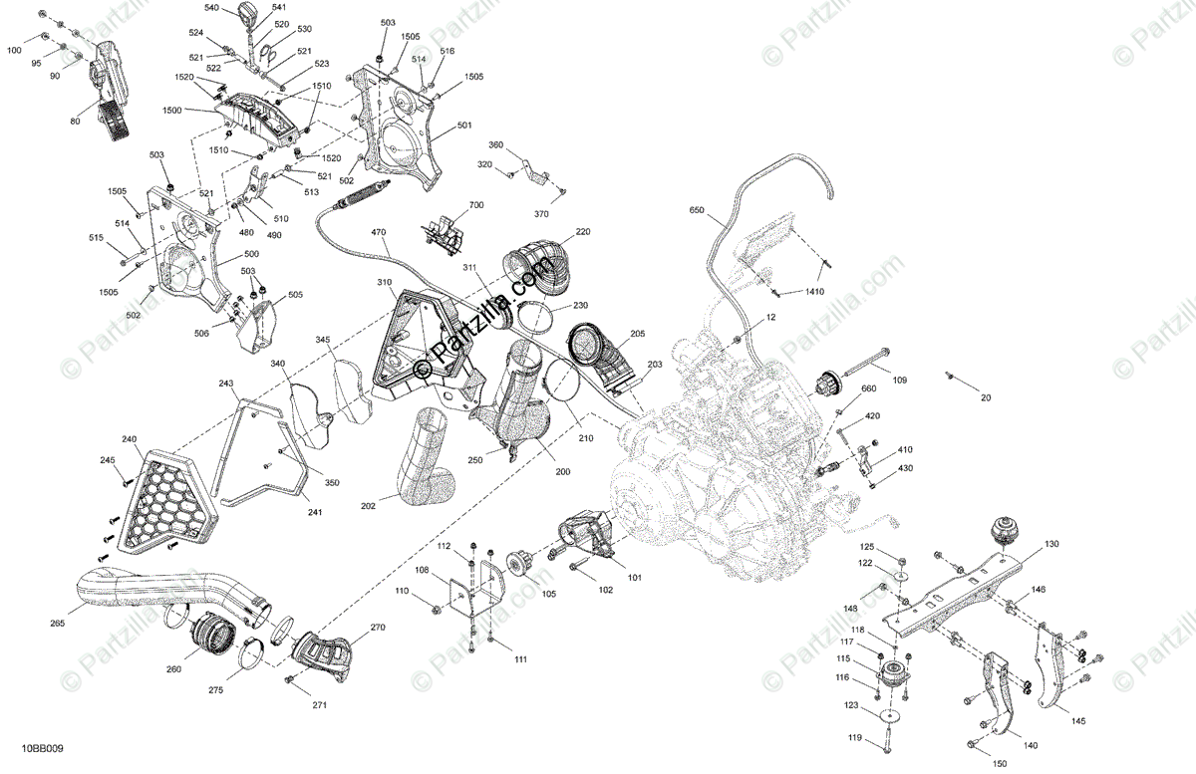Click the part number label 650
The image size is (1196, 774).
[696, 210]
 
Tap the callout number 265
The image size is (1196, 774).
[57, 623]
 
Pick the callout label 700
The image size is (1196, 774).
[475, 204]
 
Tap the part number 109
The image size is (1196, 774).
[899, 380]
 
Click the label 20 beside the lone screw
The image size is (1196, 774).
[986, 396]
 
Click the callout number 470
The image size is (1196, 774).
[379, 233]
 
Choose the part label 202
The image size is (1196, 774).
[368, 506]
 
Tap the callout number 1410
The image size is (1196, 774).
[815, 292]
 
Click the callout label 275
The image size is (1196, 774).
[216, 688]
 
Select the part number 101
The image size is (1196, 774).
[635, 577]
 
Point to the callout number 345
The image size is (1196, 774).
[323, 341]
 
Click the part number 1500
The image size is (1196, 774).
[172, 110]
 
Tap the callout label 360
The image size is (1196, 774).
[495, 145]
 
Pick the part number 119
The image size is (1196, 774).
[855, 738]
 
